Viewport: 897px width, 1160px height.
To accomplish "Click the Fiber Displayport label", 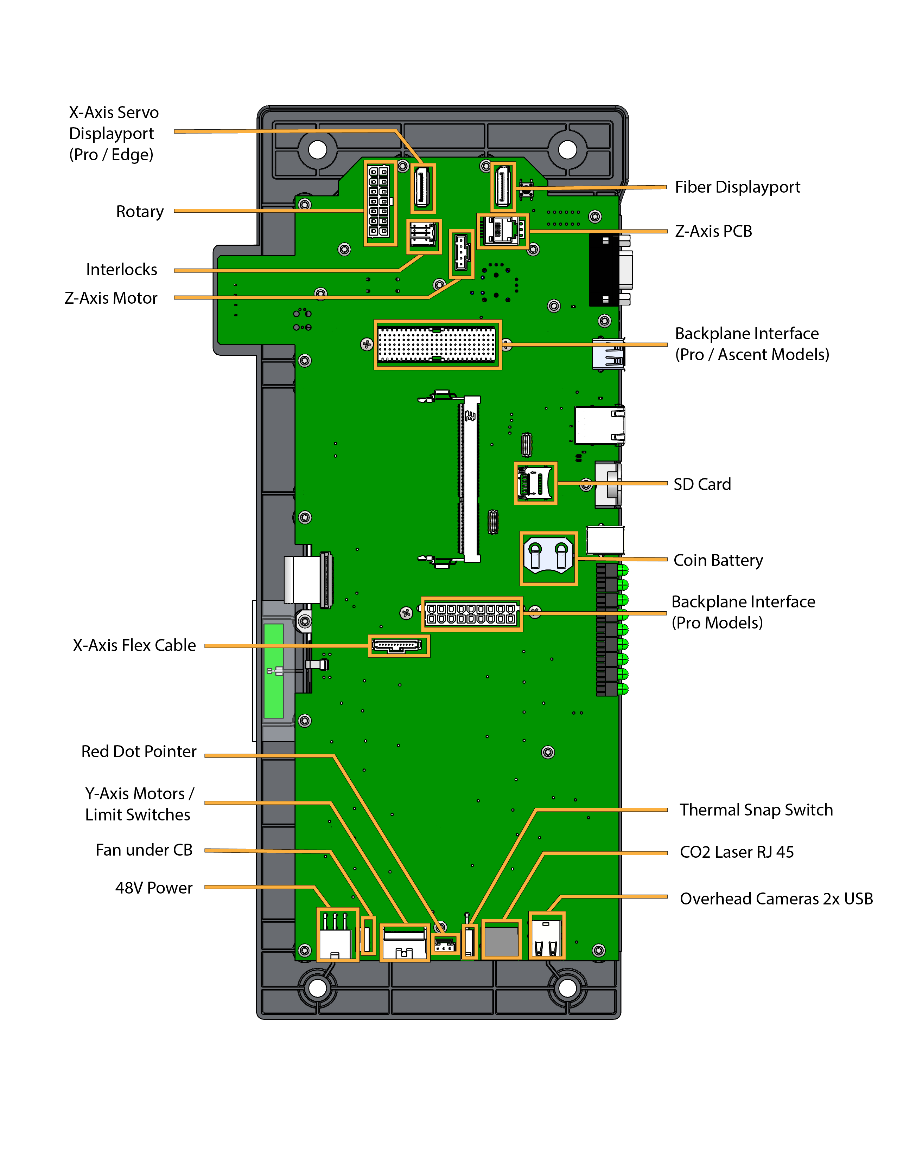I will [737, 187].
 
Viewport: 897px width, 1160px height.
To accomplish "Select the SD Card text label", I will [702, 484].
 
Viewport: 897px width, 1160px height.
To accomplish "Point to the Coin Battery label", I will [718, 560].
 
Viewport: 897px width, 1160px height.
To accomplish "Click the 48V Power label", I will [154, 888].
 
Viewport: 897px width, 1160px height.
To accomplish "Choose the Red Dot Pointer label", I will [139, 751].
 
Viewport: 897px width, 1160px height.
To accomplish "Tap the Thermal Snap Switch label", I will [756, 810].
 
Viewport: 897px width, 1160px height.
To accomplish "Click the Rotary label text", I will [140, 211].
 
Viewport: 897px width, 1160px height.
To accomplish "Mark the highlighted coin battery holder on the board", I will [548, 558].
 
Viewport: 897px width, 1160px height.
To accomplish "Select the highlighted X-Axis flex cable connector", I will [399, 645].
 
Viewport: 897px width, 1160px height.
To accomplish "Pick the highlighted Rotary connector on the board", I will [380, 204].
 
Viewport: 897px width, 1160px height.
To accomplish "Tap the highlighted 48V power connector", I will [337, 934].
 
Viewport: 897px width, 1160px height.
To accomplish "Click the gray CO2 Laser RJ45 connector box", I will [501, 941].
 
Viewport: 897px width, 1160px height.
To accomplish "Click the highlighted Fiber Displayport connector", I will [503, 186].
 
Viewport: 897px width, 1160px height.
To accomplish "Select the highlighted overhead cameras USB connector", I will [546, 936].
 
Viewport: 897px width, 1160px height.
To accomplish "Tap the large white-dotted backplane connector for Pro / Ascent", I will [437, 344].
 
